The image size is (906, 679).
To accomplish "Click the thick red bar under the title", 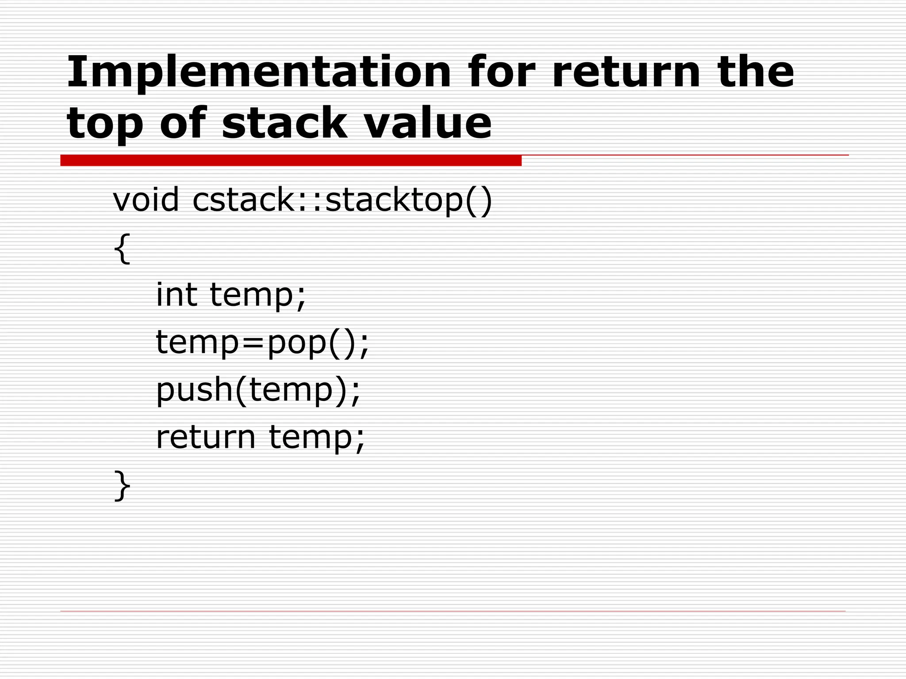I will click(x=291, y=160).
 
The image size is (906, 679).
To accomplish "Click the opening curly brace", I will click(x=122, y=248).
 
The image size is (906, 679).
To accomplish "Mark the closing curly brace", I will click(x=122, y=485).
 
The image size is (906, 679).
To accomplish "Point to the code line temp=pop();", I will click(x=262, y=343).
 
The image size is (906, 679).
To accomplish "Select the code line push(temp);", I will click(x=258, y=390).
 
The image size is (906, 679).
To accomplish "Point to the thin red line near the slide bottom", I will click(x=453, y=611).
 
